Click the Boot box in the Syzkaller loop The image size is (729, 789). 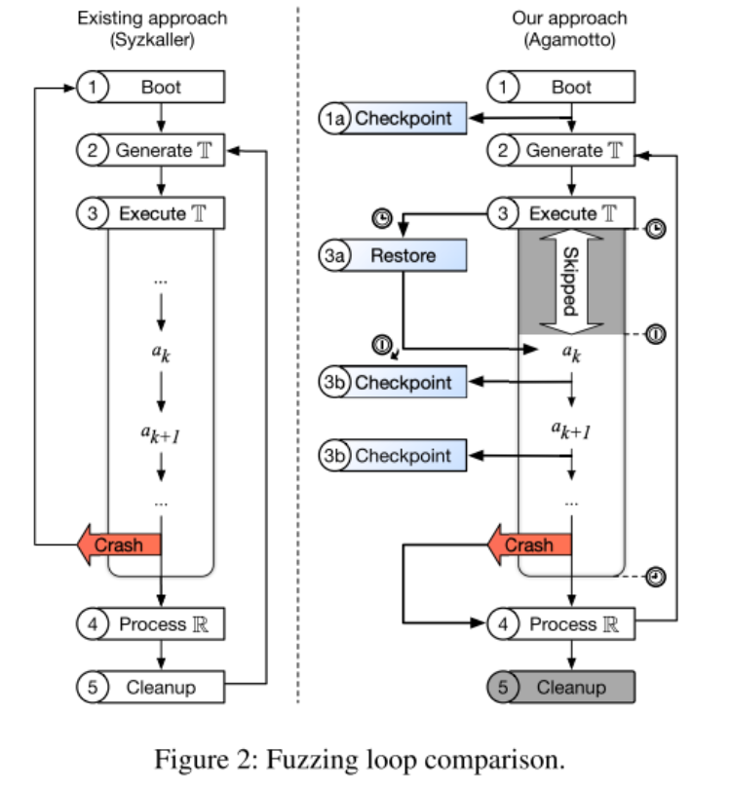click(161, 87)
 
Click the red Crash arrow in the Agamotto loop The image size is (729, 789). click(527, 545)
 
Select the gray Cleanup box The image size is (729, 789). click(571, 688)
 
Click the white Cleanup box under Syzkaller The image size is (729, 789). click(161, 688)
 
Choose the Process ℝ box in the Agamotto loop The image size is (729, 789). click(573, 624)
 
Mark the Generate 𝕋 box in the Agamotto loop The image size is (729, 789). click(573, 151)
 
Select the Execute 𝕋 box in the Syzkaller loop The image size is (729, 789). click(163, 213)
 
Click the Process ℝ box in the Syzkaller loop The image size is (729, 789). click(163, 624)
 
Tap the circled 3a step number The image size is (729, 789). click(333, 256)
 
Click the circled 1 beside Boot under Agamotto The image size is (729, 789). click(503, 87)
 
